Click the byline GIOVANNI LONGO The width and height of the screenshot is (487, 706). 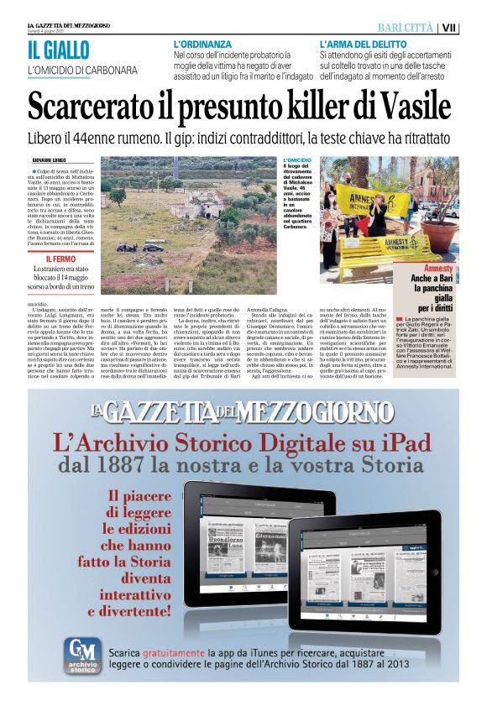pos(49,160)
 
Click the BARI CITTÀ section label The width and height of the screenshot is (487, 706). pos(405,27)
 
